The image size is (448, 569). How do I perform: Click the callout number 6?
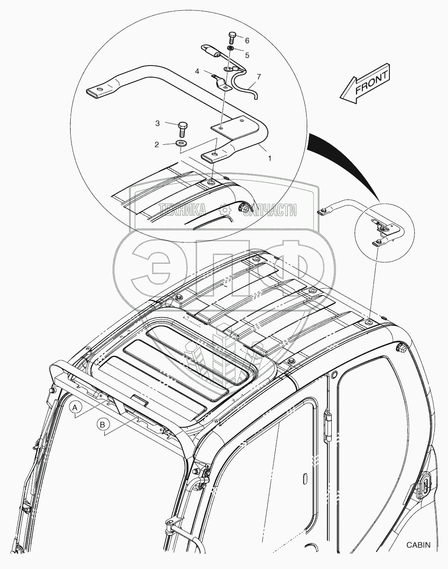[247, 41]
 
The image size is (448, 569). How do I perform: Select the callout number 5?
[247, 55]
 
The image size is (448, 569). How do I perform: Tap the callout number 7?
[258, 77]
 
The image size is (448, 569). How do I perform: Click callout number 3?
[158, 124]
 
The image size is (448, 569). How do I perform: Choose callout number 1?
[270, 159]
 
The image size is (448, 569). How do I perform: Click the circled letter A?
[75, 407]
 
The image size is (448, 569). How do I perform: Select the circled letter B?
[103, 425]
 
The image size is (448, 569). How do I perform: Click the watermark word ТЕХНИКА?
[183, 210]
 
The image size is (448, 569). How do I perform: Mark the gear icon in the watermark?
[224, 210]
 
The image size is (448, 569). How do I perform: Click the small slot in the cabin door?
[305, 479]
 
